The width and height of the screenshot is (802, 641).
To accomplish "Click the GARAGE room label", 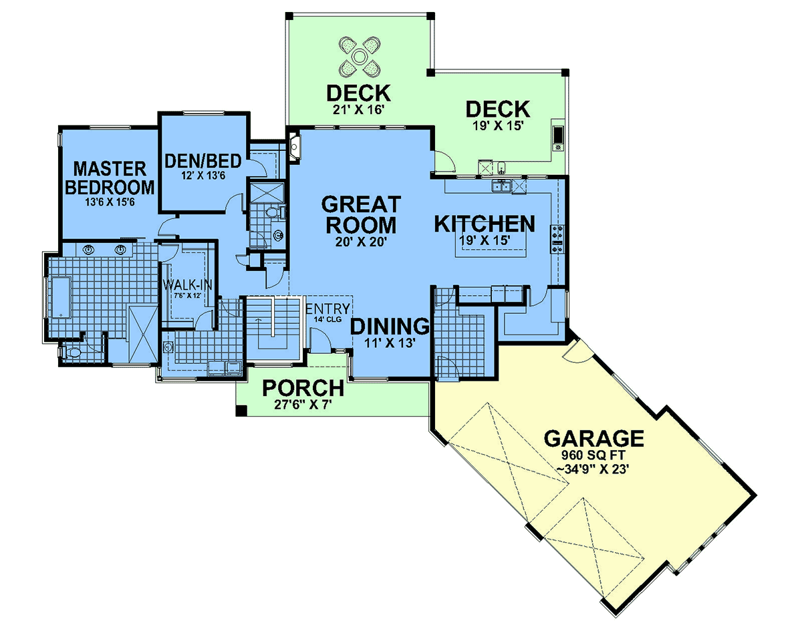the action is coord(593,438).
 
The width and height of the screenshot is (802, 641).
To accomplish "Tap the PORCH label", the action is coord(303,388).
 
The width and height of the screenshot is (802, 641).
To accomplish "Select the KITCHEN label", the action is coord(485,224).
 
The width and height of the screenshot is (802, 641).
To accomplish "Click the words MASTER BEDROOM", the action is coord(110,178).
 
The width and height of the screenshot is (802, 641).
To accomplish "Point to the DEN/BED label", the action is coord(203,161).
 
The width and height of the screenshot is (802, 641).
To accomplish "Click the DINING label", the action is coord(390,326).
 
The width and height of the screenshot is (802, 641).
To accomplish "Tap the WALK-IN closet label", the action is coord(187,285).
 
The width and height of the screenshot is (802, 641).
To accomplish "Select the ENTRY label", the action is coord(328,308).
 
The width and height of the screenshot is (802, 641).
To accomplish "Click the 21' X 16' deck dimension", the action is coord(358,110).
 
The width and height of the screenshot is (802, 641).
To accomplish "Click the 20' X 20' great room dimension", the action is coord(361,242).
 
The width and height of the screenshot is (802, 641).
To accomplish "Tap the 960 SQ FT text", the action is coord(593,455).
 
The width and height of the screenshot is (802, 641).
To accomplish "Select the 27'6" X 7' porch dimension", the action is coord(303,405).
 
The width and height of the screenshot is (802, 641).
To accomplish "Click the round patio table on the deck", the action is coord(360,57).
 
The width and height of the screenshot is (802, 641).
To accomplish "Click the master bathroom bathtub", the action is coord(60,297).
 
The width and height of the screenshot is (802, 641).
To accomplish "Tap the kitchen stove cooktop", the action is coord(558,239).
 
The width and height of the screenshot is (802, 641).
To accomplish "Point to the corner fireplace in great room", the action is coord(295,146).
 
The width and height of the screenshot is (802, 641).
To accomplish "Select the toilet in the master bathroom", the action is coord(72,352).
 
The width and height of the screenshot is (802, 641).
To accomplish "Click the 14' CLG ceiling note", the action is coord(327,319).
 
